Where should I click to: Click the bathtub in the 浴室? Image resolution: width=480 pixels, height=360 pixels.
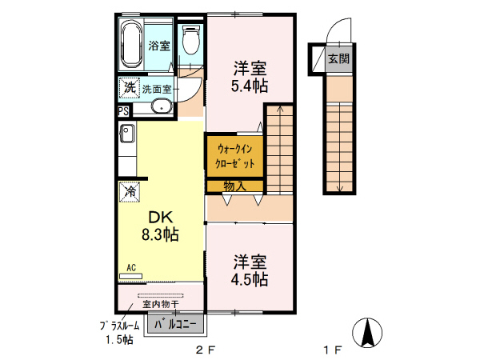(132, 45)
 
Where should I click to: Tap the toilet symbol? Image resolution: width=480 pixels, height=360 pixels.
(190, 40)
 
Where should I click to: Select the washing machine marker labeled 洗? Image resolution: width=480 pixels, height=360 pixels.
(129, 87)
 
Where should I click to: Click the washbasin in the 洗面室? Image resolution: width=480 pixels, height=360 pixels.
(162, 106)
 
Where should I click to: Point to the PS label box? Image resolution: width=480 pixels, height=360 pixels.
(123, 111)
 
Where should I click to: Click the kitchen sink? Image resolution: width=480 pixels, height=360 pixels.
(127, 134)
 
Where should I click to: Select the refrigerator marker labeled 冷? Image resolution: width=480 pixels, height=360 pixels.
(130, 192)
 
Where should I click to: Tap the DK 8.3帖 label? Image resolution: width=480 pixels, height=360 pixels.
(160, 226)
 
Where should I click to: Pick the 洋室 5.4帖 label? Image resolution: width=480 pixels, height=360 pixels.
(250, 77)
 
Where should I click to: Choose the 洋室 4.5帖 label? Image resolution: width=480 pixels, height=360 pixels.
(250, 270)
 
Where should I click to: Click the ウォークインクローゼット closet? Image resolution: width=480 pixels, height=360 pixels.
(235, 156)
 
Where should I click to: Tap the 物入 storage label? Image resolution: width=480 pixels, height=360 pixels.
(234, 186)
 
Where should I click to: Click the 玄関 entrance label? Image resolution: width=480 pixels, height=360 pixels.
(339, 58)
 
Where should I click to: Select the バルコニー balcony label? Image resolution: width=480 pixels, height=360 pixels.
(175, 324)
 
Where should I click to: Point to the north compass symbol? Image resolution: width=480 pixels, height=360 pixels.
(367, 333)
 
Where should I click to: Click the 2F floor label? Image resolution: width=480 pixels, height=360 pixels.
(206, 350)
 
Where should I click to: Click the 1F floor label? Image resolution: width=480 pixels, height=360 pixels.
(333, 350)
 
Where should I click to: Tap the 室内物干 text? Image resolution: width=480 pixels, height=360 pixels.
(161, 304)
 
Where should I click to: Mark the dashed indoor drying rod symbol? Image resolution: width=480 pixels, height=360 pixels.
(161, 296)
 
